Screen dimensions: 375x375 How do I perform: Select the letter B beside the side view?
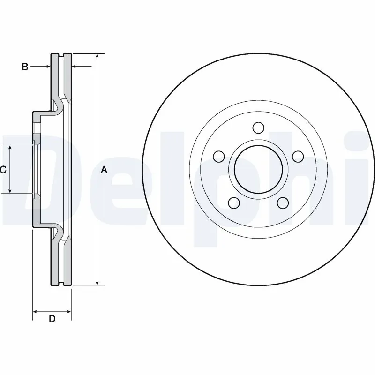pos(25,67)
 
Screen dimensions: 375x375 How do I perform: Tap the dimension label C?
pos(3,170)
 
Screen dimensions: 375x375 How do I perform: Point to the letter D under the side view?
pos(52,319)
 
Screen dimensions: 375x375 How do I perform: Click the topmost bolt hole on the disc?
pos(257,127)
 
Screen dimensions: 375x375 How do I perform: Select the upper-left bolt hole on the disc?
pos(218,156)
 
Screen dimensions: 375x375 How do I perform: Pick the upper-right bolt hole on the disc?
pos(297,156)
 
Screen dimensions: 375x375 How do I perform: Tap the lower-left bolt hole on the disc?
pos(233,202)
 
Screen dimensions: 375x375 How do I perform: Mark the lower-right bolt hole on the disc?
pos(282,202)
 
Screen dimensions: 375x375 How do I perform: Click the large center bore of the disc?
pos(257,169)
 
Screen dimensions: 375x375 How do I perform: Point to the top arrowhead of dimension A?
pos(97,56)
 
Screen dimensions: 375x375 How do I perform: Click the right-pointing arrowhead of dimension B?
pos(48,67)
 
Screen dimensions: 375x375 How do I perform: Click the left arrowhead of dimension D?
pos(35,311)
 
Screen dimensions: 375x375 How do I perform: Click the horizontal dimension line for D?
pos(52,311)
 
